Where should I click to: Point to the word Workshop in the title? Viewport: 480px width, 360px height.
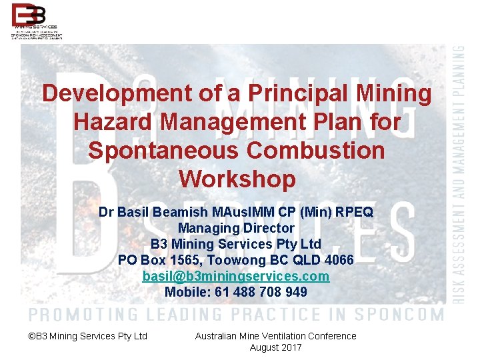237,179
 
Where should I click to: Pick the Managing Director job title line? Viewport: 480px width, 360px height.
236,228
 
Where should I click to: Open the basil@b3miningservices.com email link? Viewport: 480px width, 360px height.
236,276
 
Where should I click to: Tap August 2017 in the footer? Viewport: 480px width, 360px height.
275,347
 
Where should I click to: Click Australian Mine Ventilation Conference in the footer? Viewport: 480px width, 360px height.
275,336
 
